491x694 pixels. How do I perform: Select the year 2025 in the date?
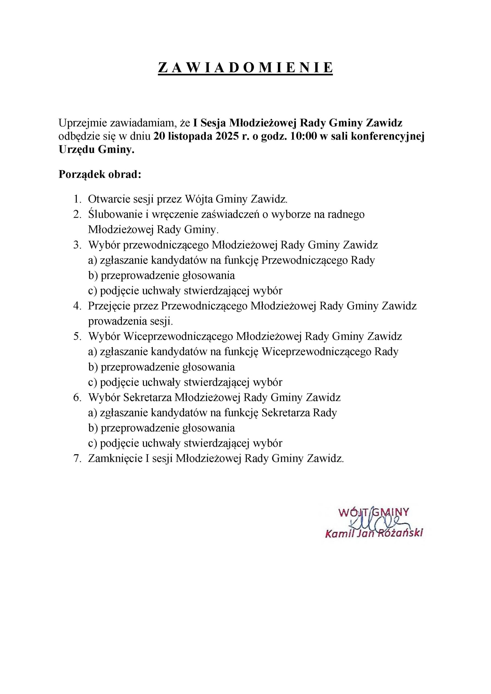225,137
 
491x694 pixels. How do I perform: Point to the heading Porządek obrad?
100,175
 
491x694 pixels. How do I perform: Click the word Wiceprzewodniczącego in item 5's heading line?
178,337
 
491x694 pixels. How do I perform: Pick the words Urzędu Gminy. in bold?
96,150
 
